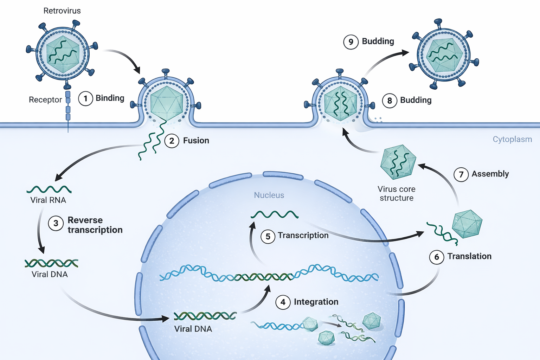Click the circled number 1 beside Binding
click(85, 98)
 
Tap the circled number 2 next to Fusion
click(172, 141)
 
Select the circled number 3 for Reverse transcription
click(56, 223)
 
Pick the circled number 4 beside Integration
click(283, 302)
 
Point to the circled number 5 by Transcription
click(268, 237)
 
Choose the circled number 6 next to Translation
click(437, 257)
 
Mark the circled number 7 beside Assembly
click(461, 174)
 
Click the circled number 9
click(351, 42)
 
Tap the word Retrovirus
click(62, 11)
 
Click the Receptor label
click(45, 100)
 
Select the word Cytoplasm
click(512, 139)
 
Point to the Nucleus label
click(269, 195)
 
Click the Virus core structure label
click(397, 194)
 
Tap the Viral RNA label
click(48, 200)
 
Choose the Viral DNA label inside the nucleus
click(193, 329)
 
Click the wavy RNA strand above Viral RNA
click(49, 190)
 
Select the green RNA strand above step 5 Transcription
click(275, 214)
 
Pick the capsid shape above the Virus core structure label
click(398, 162)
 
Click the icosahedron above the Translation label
click(467, 224)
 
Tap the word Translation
click(469, 256)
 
